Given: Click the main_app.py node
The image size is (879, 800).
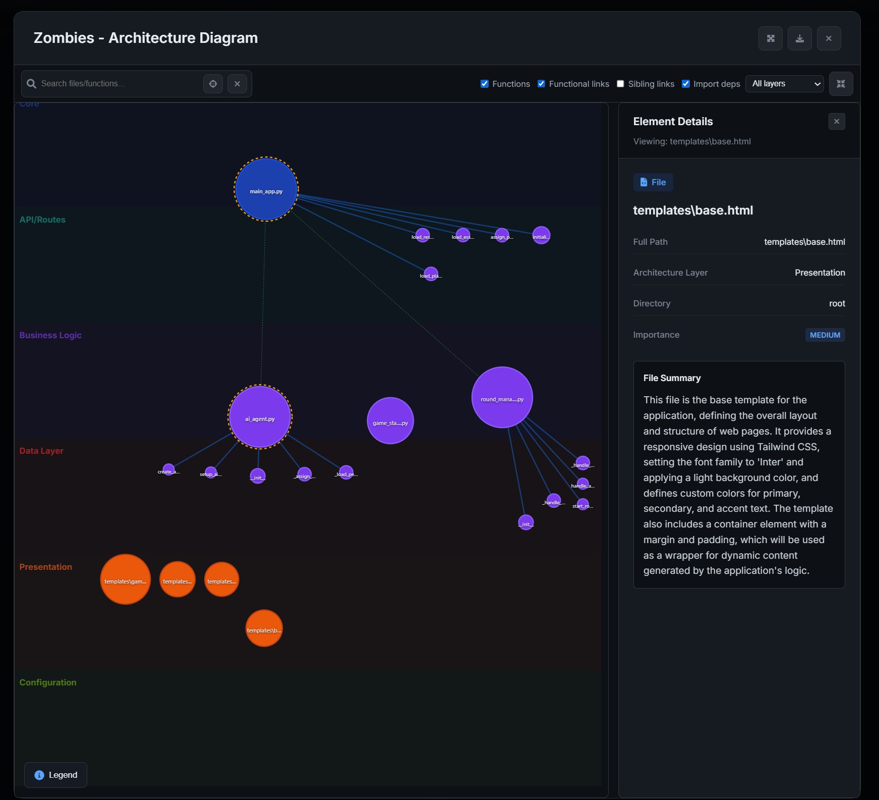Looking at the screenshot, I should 266,189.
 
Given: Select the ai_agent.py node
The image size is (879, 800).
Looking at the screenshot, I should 260,417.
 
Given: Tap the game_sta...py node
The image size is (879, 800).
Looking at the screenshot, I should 390,420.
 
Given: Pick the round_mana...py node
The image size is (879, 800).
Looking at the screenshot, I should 502,397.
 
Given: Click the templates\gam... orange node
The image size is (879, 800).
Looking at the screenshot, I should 126,579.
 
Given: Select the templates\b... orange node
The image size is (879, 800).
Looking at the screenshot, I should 264,628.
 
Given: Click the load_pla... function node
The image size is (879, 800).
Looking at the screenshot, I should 431,274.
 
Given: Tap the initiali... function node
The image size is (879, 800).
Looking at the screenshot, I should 541,235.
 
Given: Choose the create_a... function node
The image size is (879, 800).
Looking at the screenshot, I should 169,469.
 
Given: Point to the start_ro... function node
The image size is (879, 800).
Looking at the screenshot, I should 583,504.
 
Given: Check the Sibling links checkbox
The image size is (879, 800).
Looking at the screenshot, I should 620,84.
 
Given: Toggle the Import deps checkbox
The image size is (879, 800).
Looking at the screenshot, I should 686,84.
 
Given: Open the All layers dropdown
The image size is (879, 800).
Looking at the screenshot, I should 784,84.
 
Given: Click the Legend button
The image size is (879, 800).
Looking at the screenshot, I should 55,775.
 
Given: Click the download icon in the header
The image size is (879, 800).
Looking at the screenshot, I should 800,38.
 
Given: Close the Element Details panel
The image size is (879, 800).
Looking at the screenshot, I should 837,121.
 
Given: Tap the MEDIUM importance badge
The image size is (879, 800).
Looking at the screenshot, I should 825,335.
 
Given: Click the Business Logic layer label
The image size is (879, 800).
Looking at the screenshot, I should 50,335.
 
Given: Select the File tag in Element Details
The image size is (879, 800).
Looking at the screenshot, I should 653,182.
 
